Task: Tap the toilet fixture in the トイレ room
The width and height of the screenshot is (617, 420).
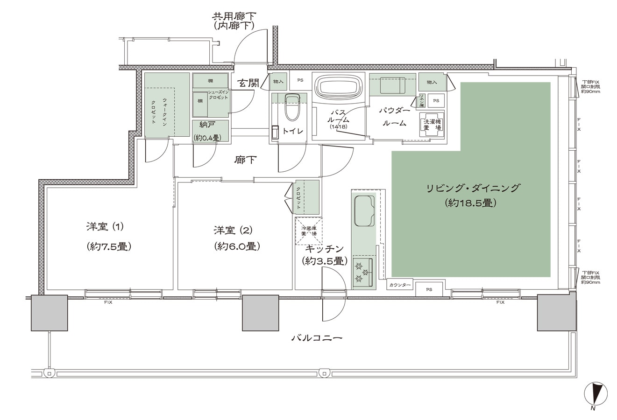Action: click(292, 109)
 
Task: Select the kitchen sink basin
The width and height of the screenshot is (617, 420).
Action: click(364, 211)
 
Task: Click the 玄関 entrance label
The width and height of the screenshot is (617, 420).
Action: click(248, 84)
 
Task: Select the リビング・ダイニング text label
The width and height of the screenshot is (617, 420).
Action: click(472, 189)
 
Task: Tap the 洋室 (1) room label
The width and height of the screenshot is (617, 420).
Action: click(104, 228)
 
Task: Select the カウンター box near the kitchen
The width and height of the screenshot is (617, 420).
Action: click(400, 285)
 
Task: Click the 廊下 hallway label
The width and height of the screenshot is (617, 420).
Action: click(245, 160)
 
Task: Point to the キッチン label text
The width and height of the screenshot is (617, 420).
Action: click(325, 249)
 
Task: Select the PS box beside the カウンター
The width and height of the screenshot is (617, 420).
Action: click(429, 289)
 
